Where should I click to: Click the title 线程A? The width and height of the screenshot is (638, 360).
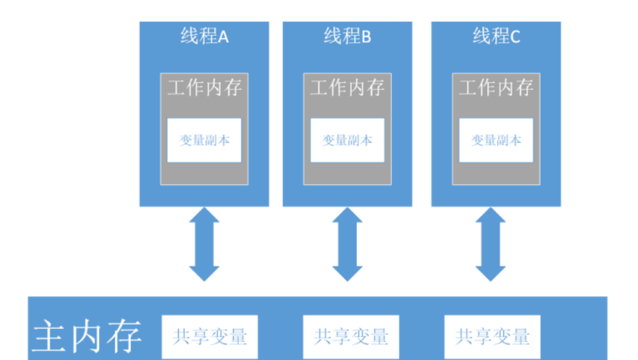coord(204,36)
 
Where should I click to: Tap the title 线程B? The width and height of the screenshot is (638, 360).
coord(347,36)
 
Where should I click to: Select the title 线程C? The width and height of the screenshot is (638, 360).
coord(496,36)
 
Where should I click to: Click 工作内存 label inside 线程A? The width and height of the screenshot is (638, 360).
coord(204,87)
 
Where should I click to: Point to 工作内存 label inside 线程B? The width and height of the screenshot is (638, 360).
coord(347,87)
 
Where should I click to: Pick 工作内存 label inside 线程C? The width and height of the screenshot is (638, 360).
coord(496,87)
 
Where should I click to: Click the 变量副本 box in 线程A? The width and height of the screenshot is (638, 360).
coord(204,140)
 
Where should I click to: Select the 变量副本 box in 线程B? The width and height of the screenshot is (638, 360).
coord(347,140)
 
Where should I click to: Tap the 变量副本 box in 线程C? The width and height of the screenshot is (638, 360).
coord(496,140)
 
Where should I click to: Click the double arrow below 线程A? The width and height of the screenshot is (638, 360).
coord(204,244)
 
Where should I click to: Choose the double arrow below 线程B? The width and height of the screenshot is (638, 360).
coord(347,244)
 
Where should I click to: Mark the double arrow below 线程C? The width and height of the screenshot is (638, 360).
coord(490,244)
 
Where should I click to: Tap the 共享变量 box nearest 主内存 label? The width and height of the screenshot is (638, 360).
coord(209,336)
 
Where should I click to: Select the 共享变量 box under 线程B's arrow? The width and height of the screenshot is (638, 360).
coord(351,336)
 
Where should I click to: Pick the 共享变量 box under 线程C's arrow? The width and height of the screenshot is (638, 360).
coord(492,336)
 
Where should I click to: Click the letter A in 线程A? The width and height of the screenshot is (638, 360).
coord(224,37)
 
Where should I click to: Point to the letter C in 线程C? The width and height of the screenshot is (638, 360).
coord(515,37)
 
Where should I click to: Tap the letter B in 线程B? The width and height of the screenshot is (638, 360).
coord(366,37)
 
